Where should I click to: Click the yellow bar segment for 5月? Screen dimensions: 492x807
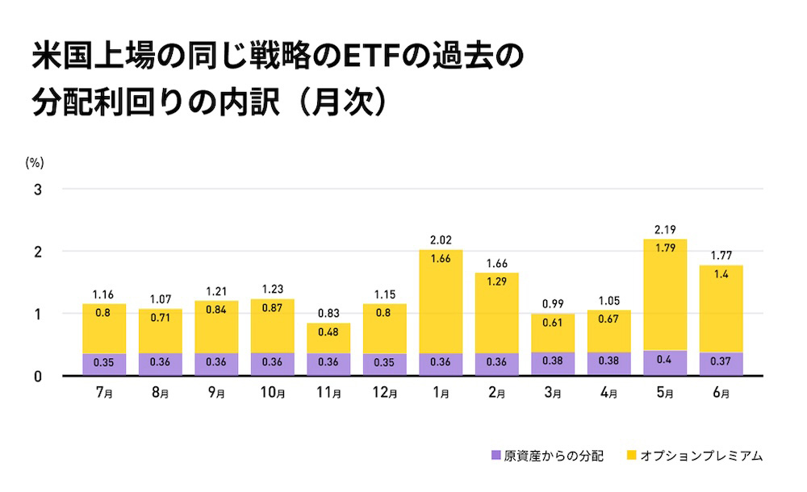coord(665,294)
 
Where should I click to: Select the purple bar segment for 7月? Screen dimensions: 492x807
coord(104,365)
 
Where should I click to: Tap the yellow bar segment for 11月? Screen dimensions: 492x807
coord(328,338)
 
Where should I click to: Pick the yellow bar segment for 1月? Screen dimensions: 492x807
coord(441,301)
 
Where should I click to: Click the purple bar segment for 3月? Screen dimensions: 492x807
coord(553,364)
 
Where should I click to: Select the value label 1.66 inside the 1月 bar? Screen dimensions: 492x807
coord(441,260)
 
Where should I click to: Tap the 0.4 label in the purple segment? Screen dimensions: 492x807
coord(665,361)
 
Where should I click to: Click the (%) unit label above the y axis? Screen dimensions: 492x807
coord(34,162)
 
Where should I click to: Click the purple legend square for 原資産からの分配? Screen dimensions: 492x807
coord(495,456)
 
